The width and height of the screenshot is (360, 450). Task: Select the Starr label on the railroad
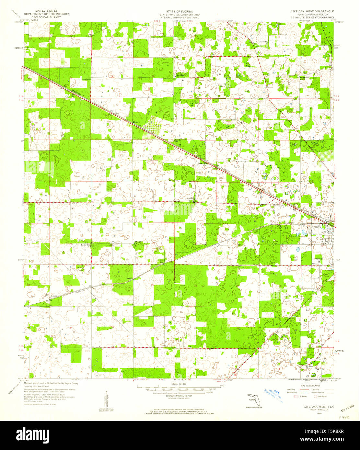click(x=129, y=278)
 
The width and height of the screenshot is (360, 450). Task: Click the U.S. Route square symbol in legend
click(x=295, y=396)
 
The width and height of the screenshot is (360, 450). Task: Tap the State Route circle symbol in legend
click(x=315, y=396)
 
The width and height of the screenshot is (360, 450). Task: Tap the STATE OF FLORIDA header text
click(x=179, y=11)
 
